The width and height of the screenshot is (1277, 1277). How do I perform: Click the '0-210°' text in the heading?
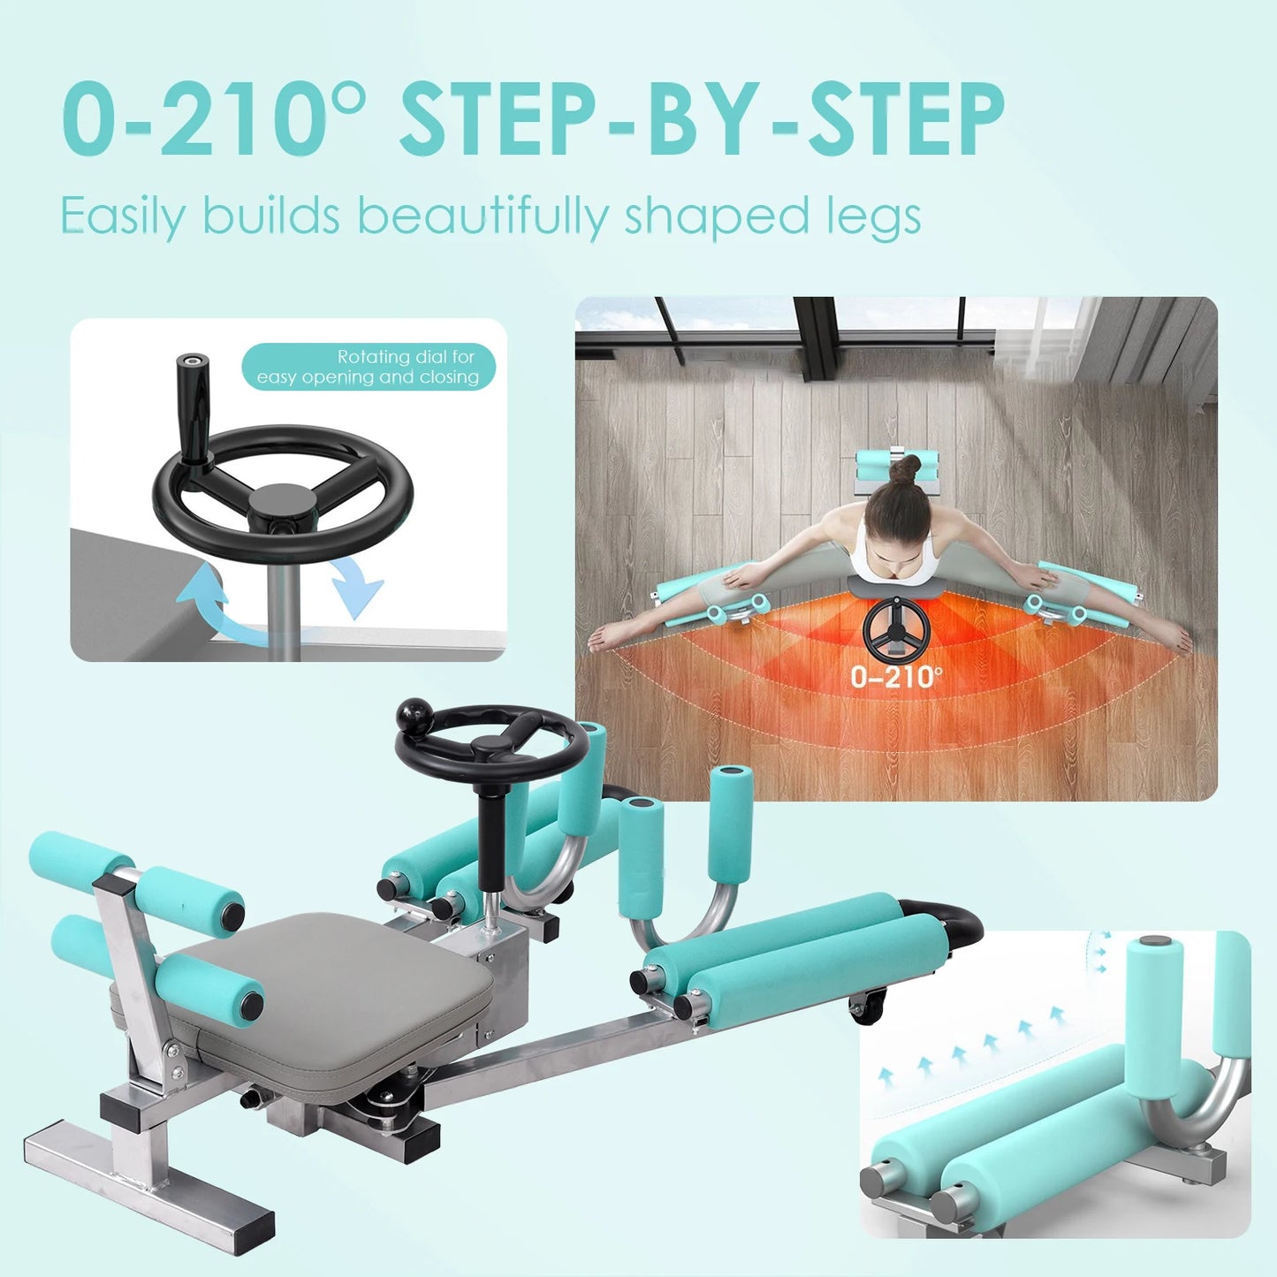pos(212,118)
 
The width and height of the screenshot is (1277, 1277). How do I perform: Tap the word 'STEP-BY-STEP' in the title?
pos(702,118)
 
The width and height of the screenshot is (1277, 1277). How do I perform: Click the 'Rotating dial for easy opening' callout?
pos(369,367)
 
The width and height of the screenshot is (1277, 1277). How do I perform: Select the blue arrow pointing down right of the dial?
pos(358,584)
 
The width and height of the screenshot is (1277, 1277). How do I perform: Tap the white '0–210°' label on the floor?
pos(895,677)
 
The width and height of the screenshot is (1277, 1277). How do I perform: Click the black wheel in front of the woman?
pos(895,630)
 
